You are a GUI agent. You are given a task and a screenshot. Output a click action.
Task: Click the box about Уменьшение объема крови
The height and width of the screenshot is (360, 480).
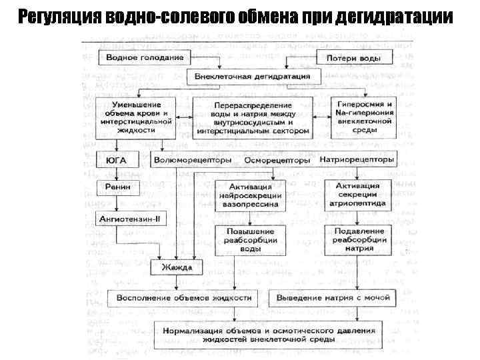[x=135, y=117]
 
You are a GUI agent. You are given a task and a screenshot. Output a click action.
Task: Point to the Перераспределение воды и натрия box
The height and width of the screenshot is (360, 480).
[x=253, y=119]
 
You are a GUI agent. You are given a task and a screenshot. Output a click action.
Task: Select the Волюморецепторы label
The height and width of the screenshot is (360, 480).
[x=193, y=160]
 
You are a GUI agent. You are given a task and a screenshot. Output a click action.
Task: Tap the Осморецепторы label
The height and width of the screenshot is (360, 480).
[x=277, y=160]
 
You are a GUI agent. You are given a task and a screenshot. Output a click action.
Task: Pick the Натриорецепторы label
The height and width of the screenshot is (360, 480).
[x=357, y=160]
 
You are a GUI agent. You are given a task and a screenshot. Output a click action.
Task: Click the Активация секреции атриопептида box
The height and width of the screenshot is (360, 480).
[x=358, y=194]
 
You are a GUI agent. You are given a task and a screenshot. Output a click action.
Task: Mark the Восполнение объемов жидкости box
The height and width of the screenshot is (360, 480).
[x=183, y=297]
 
